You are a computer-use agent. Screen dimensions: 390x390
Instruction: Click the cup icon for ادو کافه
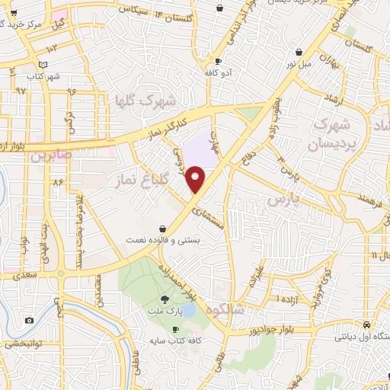[219, 61]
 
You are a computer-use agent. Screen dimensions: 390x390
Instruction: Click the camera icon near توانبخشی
[29, 320]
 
